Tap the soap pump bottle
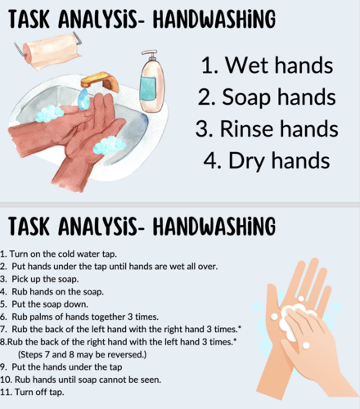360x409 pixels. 152,87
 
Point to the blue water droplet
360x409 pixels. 84,100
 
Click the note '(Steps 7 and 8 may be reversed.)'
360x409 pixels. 82,354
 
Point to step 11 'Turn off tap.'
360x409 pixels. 32,392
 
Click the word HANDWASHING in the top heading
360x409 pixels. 214,20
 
